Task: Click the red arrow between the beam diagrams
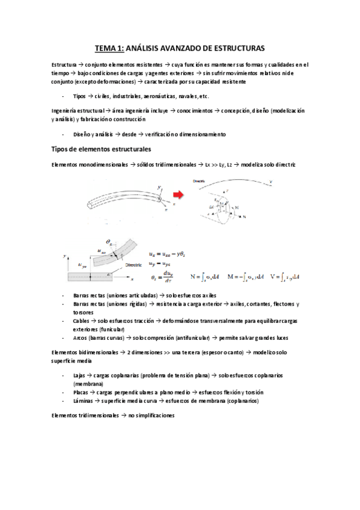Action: point(178,195)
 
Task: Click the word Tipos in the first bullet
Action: point(79,96)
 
